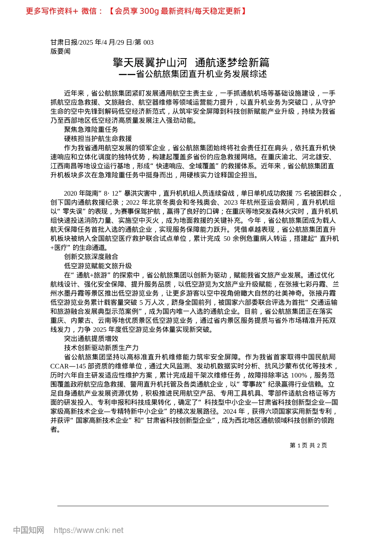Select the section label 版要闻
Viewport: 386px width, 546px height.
(x=61, y=51)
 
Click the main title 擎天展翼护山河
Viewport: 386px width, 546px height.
(x=150, y=63)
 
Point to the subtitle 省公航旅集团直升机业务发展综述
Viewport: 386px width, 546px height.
(x=201, y=74)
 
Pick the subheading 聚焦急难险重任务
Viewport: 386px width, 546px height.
(x=91, y=130)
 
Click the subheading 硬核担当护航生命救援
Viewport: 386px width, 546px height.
(x=98, y=139)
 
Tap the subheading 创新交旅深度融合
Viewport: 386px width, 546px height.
(x=91, y=257)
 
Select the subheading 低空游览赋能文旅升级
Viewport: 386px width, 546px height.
(x=98, y=266)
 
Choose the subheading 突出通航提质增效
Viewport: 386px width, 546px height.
(x=91, y=338)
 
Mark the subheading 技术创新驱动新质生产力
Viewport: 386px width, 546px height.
(x=101, y=348)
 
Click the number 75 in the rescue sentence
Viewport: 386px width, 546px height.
(x=298, y=193)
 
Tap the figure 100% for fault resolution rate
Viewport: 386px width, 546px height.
(x=299, y=375)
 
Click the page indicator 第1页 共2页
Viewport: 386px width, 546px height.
(x=308, y=445)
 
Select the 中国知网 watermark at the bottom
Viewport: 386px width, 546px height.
(x=28, y=530)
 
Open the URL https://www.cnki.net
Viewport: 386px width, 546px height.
(x=89, y=530)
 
